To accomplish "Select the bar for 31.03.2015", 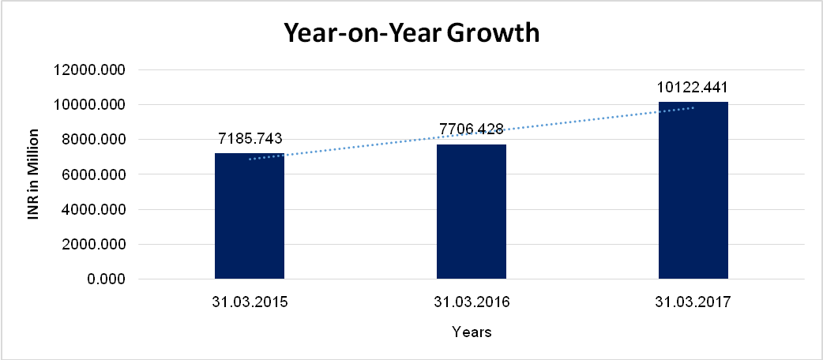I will click(x=250, y=216).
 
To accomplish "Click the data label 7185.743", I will click(x=250, y=140).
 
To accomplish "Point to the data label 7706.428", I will click(x=472, y=128).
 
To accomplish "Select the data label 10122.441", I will click(x=693, y=87).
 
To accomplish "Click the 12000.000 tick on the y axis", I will click(x=90, y=70).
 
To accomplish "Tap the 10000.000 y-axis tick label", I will click(x=90, y=105).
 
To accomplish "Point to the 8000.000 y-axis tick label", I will click(x=93, y=140).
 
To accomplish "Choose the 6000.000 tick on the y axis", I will click(x=93, y=174).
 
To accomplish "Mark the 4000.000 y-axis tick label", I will click(x=93, y=210).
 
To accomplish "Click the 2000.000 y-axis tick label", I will click(x=93, y=245).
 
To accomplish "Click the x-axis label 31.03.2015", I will click(x=250, y=302).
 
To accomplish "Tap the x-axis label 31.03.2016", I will click(x=472, y=302).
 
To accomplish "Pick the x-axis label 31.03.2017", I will click(x=693, y=302).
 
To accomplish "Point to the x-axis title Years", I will click(x=472, y=332).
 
